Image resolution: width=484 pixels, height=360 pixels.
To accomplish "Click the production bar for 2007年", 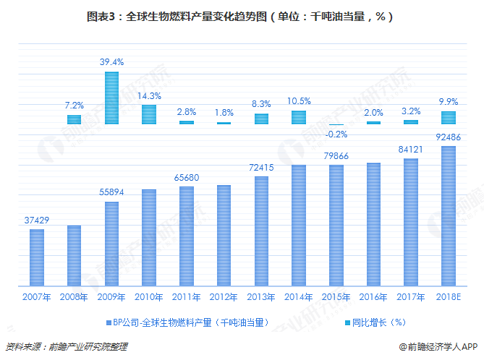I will [37, 257].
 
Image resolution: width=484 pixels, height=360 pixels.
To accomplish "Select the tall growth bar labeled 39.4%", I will [111, 98].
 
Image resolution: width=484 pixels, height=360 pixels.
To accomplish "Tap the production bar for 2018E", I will [449, 216].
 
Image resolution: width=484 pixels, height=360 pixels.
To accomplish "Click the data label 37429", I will [36, 220].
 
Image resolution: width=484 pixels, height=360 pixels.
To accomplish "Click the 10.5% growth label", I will [299, 101].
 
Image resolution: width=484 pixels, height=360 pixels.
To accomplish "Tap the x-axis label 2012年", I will [224, 296].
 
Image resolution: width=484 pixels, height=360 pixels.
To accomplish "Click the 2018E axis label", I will [449, 296].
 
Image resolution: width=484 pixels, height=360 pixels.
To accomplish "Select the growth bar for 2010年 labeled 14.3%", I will [149, 114].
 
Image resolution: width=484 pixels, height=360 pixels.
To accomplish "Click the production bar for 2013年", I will [261, 231].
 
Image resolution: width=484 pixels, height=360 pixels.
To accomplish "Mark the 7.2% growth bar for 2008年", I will [74, 119].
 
